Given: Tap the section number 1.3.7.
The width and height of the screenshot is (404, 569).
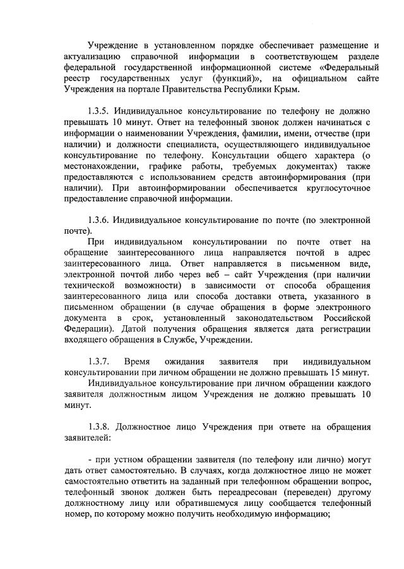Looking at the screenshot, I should pyautogui.click(x=100, y=361).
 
